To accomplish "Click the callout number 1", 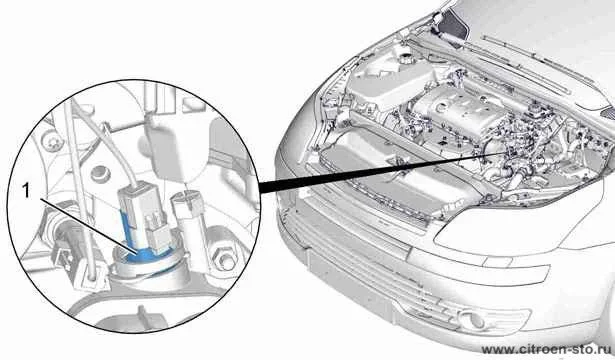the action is click(x=26, y=191).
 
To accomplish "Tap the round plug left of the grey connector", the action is click(x=99, y=173).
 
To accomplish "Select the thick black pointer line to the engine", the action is click(x=381, y=170).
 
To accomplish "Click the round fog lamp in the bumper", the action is click(x=474, y=320).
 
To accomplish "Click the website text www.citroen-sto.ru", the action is click(x=548, y=349).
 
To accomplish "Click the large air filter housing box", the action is click(x=388, y=84).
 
